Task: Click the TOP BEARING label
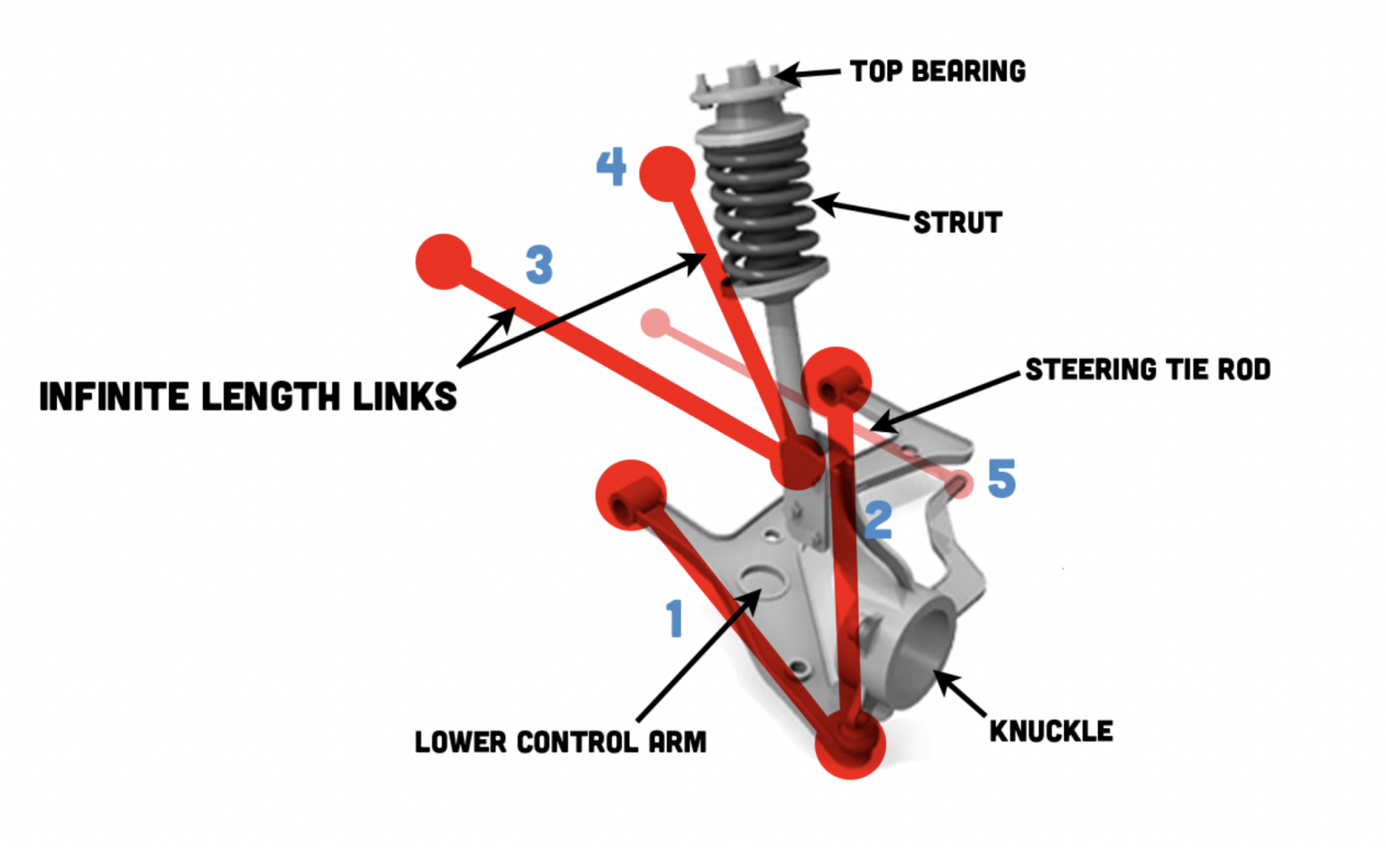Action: point(938,71)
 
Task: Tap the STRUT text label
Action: point(957,223)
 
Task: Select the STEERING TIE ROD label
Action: point(1148,369)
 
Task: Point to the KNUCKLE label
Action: point(1051,731)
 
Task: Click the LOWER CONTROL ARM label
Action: point(560,742)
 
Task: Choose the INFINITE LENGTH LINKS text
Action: point(248,397)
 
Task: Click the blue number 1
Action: point(674,619)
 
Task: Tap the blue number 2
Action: point(878,521)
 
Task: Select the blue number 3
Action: point(539,265)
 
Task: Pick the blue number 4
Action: point(611,167)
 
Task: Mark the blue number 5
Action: point(1002,478)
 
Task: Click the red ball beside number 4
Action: point(667,173)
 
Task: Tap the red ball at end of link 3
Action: point(443,262)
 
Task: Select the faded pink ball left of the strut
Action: point(655,323)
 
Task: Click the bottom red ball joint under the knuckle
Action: point(849,742)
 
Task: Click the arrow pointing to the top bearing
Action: point(808,73)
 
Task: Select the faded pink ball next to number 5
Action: point(959,484)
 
